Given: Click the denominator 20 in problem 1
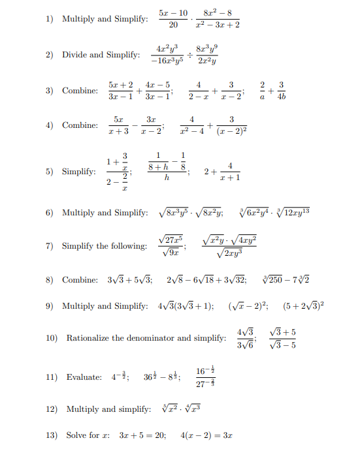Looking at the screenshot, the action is tap(173, 25).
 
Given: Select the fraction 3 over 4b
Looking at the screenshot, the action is tap(281, 90).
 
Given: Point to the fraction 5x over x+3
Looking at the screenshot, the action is tap(118, 125).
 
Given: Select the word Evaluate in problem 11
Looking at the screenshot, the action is tap(84, 377).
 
